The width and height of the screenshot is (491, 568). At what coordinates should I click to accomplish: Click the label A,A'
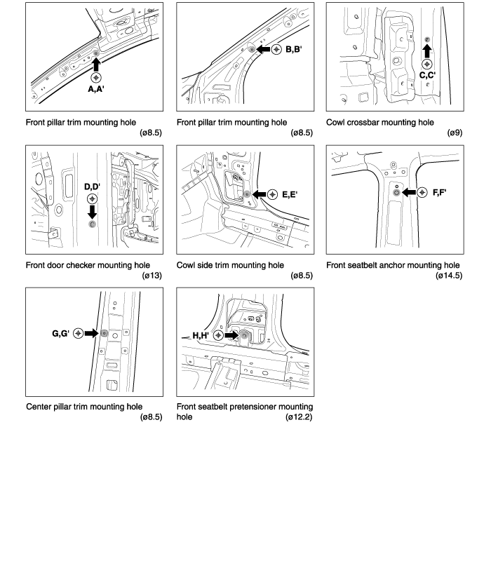pos(96,88)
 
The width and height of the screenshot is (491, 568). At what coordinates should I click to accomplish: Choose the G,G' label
pos(60,333)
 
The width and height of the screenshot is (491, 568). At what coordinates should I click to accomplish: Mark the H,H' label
pos(203,336)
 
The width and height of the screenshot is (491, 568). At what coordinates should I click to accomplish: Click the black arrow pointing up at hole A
pos(96,65)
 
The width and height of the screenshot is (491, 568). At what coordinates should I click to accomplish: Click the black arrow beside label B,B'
pos(263,50)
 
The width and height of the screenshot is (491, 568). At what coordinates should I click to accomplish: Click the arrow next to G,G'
pos(91,333)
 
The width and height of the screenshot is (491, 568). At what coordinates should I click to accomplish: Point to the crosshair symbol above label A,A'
pos(96,78)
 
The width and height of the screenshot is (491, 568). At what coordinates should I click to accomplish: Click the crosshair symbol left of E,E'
pos(273,194)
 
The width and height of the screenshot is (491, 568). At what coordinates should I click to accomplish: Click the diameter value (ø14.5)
pos(448,276)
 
